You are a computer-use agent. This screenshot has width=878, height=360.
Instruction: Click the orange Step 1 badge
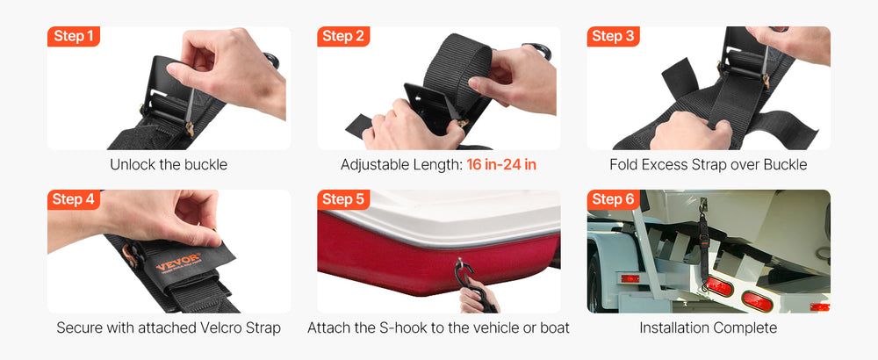tap(74, 36)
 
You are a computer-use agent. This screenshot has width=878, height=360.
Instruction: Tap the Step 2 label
tap(343, 36)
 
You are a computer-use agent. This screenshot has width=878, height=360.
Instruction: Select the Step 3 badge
tap(613, 36)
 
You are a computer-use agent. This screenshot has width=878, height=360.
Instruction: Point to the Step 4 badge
tap(74, 199)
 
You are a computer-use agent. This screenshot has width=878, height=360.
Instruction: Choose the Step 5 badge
tap(343, 199)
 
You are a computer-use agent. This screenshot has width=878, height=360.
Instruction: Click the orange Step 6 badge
tap(613, 199)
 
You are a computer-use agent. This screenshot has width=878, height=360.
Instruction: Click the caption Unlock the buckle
tap(169, 164)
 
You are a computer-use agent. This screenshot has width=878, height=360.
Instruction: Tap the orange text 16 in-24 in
tap(501, 164)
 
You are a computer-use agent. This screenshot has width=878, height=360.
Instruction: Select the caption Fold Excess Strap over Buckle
tap(709, 164)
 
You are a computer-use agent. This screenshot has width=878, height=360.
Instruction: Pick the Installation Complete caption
tap(709, 328)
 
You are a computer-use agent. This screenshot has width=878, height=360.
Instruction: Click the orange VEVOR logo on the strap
tap(178, 262)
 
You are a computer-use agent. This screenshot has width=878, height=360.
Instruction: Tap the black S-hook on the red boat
tap(466, 276)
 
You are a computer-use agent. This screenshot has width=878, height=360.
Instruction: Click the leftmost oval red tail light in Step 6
tap(718, 286)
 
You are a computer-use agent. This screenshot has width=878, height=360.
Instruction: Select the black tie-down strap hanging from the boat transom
tap(702, 247)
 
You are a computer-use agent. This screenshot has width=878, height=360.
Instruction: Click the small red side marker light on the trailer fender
tap(630, 278)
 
